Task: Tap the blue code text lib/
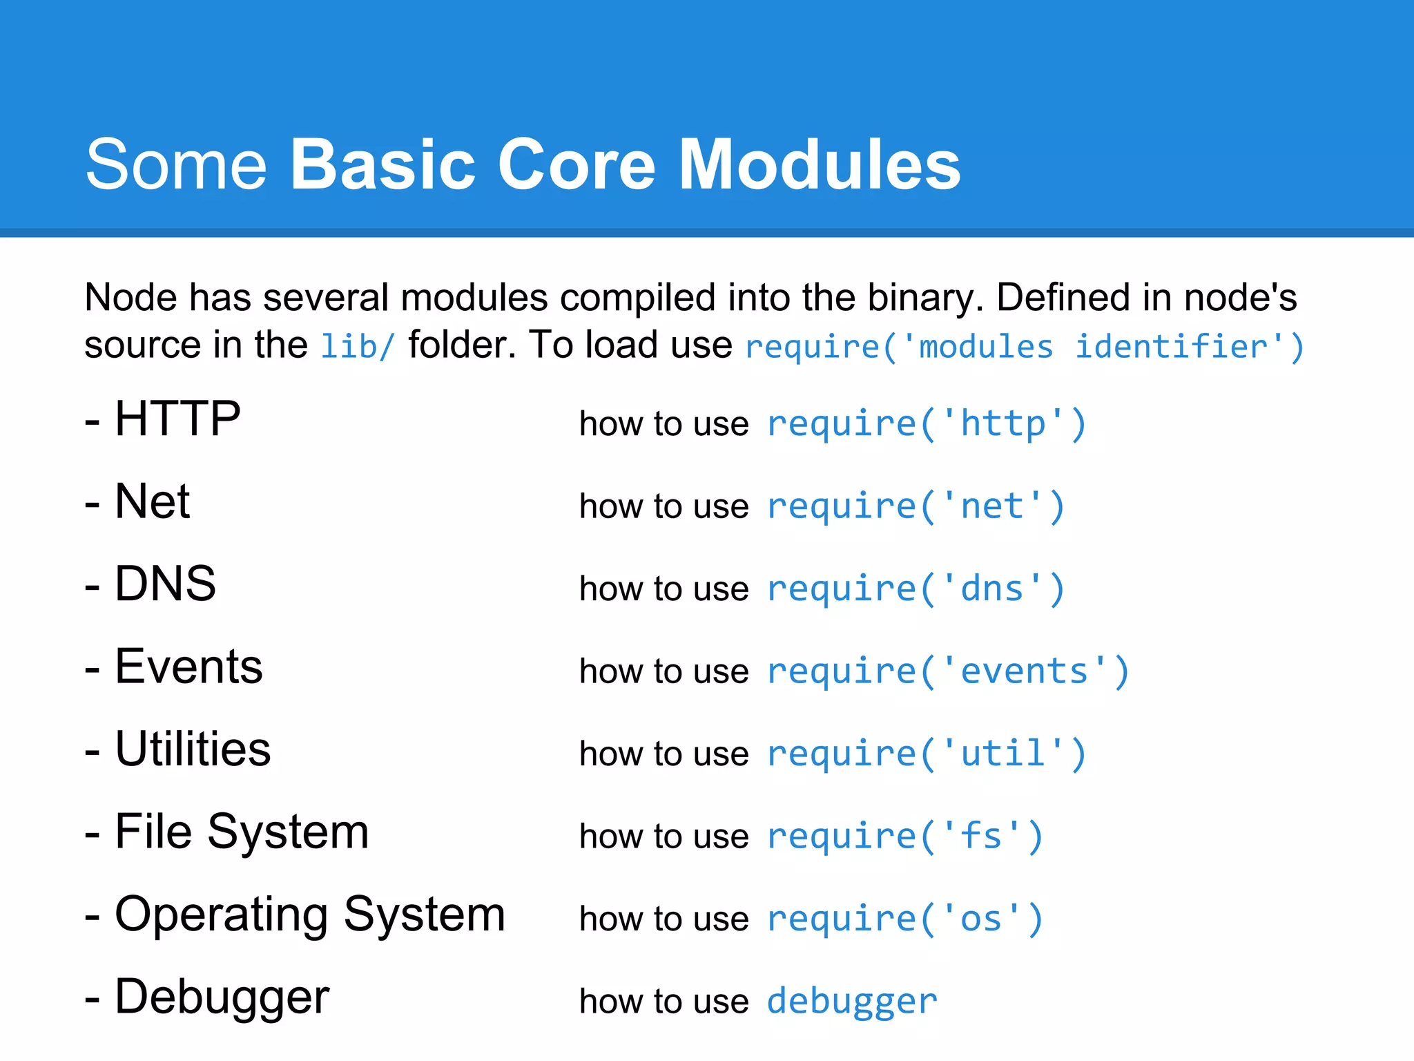[x=358, y=346]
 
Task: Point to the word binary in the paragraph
[x=924, y=298]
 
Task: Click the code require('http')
[x=927, y=423]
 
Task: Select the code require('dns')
[x=916, y=589]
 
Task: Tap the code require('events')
[x=948, y=671]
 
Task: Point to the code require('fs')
[x=905, y=837]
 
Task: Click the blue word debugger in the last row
[x=852, y=1002]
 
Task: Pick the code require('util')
[x=927, y=754]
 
